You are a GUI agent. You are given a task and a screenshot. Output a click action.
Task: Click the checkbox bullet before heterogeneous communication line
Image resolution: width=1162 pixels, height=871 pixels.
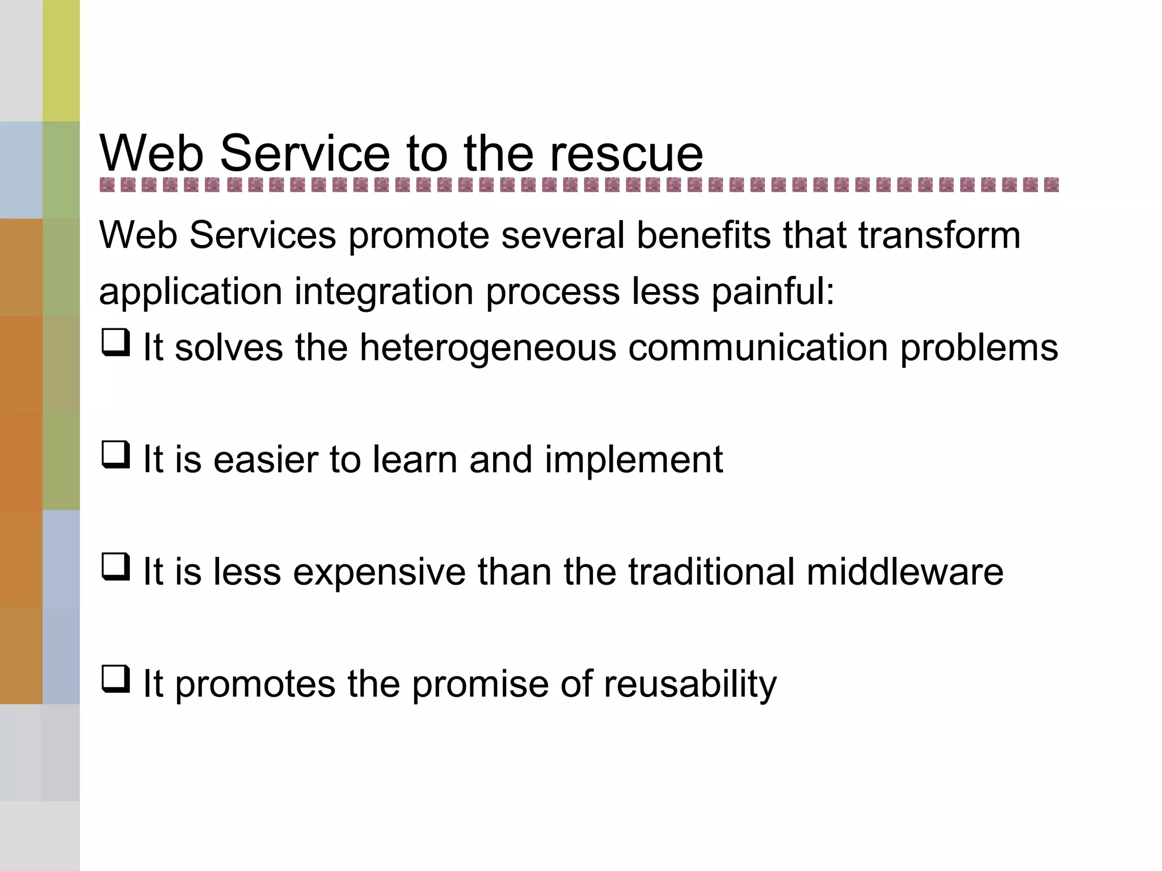click(x=116, y=343)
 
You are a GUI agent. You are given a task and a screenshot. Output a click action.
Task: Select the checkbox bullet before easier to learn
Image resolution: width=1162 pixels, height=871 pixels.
click(x=116, y=455)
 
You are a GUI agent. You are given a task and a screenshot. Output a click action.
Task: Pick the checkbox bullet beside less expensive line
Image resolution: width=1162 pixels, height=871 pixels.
click(x=116, y=567)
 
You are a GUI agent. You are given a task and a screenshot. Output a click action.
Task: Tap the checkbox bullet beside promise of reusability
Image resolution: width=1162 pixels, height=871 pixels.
click(x=116, y=679)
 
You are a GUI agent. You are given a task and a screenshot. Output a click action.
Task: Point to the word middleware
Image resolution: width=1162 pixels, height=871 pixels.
click(x=904, y=572)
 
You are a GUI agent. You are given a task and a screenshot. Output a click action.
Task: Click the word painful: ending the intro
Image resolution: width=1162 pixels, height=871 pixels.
click(x=773, y=292)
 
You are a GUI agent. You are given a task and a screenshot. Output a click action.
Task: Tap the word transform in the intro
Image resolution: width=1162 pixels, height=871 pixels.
click(x=939, y=235)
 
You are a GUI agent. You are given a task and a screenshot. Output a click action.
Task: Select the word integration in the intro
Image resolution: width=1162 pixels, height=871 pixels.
click(x=384, y=292)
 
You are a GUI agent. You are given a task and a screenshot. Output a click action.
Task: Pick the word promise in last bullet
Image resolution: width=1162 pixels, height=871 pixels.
click(x=480, y=684)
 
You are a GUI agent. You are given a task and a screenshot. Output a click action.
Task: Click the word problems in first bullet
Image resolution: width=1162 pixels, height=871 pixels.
click(x=979, y=348)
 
